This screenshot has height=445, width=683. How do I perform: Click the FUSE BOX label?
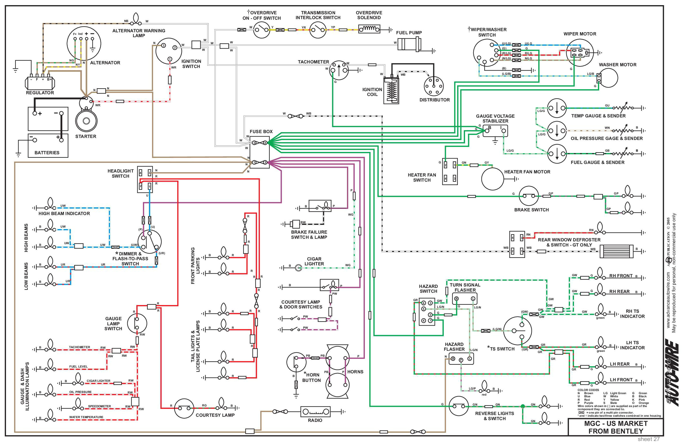(261, 131)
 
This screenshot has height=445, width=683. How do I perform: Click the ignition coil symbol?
(391, 91)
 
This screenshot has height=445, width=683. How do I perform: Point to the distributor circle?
(434, 86)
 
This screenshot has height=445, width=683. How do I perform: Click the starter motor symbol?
(86, 121)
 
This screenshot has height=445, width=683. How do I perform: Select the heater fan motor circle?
(492, 179)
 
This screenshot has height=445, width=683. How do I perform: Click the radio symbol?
(315, 412)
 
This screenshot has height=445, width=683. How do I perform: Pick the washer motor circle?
(608, 77)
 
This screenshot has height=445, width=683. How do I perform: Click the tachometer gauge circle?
(339, 70)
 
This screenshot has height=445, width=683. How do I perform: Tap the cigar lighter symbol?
(299, 268)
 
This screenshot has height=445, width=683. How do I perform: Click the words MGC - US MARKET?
(616, 424)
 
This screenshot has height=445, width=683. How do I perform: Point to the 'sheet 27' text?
(648, 439)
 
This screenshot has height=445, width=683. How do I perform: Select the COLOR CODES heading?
(588, 390)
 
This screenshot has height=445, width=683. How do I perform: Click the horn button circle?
(296, 362)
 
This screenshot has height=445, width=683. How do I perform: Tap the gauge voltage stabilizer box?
(495, 131)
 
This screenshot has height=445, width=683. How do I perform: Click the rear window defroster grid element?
(616, 252)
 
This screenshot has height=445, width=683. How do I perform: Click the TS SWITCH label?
(502, 349)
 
